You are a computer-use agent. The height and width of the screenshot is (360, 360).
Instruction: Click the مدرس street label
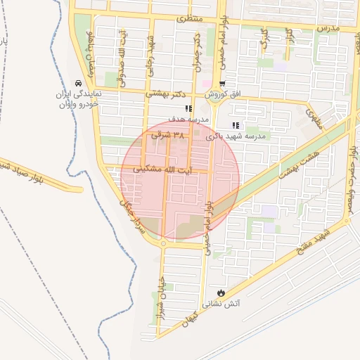tap(328, 27)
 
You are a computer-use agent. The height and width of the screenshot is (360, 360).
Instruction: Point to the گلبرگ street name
tap(264, 39)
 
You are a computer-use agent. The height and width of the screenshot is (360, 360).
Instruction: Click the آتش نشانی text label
tap(221, 304)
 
